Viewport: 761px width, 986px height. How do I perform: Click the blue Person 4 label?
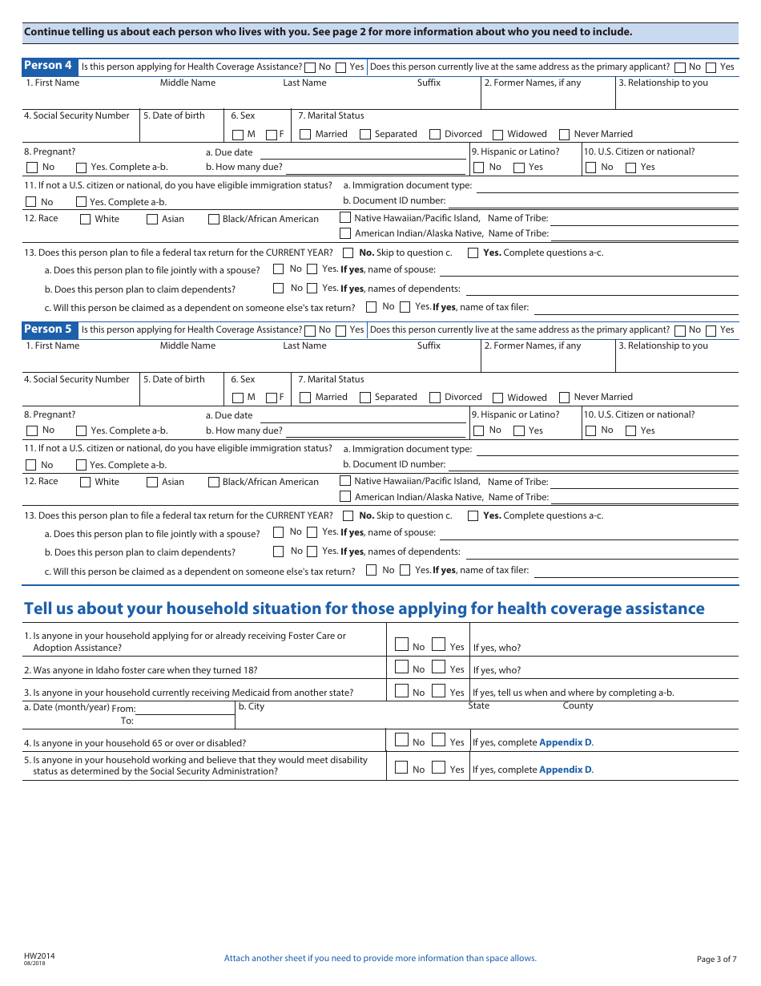coord(49,66)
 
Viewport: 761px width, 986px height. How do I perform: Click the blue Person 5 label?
coord(49,329)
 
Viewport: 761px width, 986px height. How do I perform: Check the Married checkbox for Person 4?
coord(305,135)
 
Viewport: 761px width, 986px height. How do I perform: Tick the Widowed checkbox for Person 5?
coord(498,398)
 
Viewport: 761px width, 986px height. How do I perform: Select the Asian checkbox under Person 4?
coord(152,219)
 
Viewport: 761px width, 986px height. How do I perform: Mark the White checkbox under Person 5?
coord(86,482)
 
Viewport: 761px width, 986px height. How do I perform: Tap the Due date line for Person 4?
coord(362,152)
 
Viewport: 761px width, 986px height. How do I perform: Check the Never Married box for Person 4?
coord(565,135)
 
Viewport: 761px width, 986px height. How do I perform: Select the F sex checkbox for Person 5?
coord(272,398)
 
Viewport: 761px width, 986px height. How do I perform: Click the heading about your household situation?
coord(364,608)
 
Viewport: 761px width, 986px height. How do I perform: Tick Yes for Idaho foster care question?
coord(439,667)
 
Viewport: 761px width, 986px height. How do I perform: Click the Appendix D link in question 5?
coord(566,770)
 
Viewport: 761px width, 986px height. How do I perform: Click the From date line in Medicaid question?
coord(185,709)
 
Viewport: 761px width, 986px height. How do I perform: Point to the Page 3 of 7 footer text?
coord(716,959)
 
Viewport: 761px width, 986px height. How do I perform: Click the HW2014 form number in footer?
coord(39,956)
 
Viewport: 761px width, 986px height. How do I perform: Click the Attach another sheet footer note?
coord(380,958)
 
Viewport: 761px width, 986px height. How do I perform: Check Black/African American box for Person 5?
coord(214,482)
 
